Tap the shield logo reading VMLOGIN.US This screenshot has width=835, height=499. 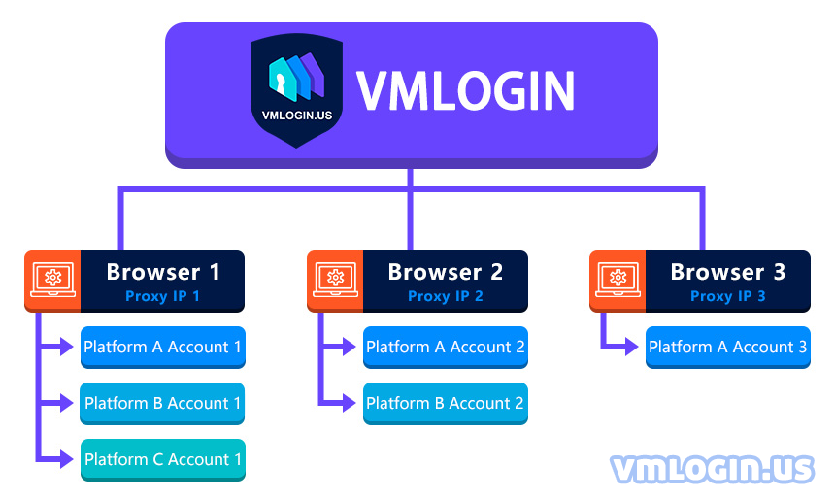pos(296,90)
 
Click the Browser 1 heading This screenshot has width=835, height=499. pos(163,272)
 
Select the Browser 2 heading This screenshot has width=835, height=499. pos(446,272)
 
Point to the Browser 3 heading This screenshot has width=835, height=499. pos(728,272)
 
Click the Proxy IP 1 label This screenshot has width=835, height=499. pos(162,296)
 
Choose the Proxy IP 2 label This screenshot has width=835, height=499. pos(446,296)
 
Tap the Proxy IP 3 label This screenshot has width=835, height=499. pos(728,296)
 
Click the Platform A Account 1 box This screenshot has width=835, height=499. pos(163,348)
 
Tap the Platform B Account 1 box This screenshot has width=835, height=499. pos(162,404)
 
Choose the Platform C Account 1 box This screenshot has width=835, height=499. pos(163,459)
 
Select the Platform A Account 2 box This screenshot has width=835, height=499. pos(446,348)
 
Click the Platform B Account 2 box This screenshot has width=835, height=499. pos(446,404)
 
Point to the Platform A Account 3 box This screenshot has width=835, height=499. pos(728,348)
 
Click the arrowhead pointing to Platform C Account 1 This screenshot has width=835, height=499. pos(67,459)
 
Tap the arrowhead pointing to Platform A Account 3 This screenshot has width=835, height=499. pos(631,347)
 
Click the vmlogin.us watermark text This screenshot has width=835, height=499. pos(713,469)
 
